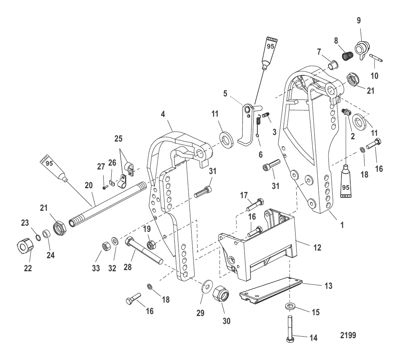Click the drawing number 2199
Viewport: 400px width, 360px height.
click(348, 336)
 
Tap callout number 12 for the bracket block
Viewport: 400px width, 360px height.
click(317, 248)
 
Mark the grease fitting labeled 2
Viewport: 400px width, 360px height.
click(346, 112)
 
